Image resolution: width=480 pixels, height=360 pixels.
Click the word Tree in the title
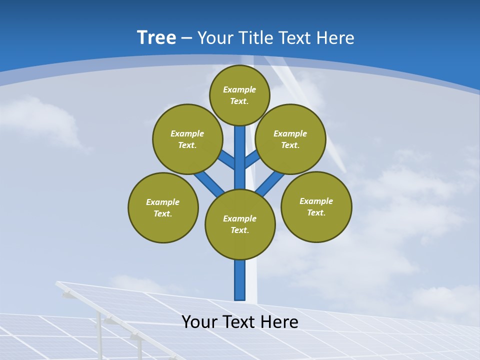156,38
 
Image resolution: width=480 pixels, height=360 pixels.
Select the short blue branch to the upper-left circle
227,160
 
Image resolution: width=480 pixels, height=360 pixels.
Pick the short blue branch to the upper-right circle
252,159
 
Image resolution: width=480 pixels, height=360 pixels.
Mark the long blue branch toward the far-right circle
270,183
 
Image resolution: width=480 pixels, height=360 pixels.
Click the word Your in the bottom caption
199,322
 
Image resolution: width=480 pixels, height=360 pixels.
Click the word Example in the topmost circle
239,90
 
